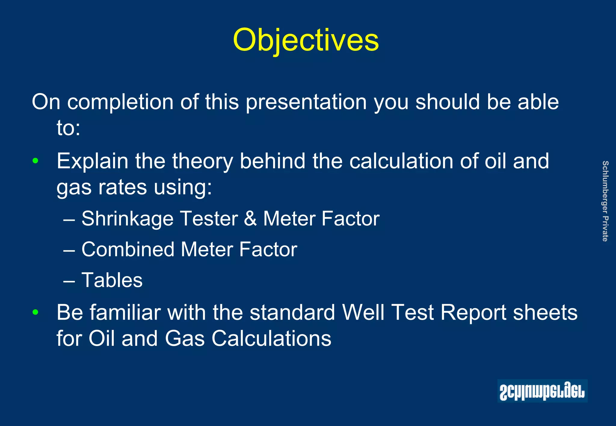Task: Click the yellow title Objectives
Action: coord(306,40)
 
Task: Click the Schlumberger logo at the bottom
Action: coord(542,391)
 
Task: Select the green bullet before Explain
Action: coord(35,161)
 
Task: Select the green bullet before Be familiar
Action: coord(35,312)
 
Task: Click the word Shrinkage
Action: coord(128,219)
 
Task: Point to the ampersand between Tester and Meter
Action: coord(250,219)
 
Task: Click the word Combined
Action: coord(128,249)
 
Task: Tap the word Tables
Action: coord(112,280)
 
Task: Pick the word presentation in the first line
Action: coord(306,102)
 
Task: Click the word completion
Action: coord(120,102)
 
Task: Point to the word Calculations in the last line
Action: coord(271,339)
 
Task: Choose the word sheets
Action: coord(545,312)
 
